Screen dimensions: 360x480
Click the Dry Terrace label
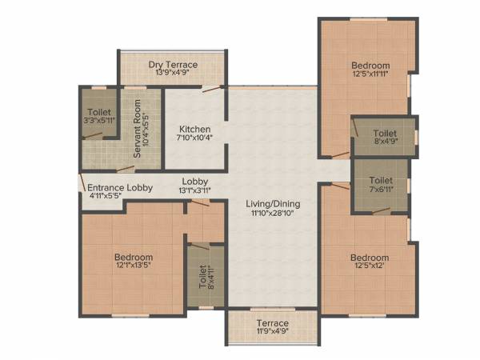coord(173,64)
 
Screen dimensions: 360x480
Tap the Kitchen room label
coord(194,129)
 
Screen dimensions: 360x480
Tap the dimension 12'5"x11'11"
coord(370,76)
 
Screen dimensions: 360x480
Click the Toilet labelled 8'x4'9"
coord(385,132)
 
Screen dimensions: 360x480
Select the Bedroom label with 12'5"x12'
coord(370,258)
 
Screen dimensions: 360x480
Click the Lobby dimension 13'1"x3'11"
coord(195,191)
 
